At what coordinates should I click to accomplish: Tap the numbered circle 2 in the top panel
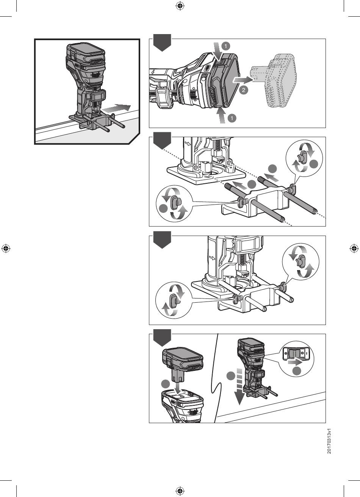[x=244, y=90]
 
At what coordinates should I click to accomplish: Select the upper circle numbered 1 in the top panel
[x=226, y=46]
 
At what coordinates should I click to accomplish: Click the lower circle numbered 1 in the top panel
[x=232, y=118]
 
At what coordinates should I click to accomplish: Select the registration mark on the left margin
[x=6, y=248]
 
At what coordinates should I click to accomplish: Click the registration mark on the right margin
[x=354, y=248]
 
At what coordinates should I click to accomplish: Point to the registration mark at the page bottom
[x=180, y=491]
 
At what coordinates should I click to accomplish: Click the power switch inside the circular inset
[x=295, y=354]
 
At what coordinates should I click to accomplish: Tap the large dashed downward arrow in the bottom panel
[x=239, y=386]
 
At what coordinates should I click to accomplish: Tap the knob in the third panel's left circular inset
[x=174, y=301]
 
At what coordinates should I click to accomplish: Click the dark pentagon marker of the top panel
[x=162, y=42]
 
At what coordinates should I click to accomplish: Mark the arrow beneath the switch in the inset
[x=295, y=363]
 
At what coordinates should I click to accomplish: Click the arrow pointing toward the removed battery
[x=243, y=80]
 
